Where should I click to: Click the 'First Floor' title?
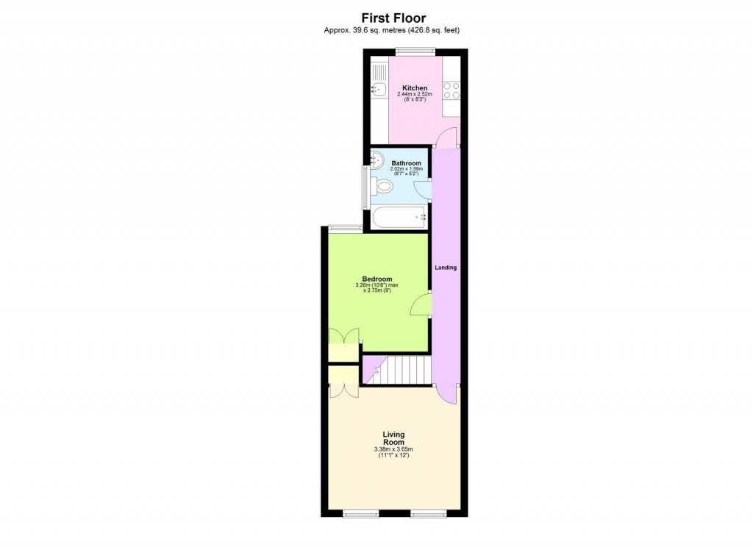point(393,18)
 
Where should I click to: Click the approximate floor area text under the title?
point(393,30)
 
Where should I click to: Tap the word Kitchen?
point(414,88)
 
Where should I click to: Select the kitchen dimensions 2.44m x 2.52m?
point(414,95)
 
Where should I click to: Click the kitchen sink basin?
point(379,90)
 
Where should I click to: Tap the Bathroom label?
point(406,163)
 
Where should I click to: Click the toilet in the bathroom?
point(382,185)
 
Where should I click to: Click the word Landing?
point(446,268)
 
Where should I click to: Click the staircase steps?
point(404,368)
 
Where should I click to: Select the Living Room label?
point(393,438)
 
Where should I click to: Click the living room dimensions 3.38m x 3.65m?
point(393,449)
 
